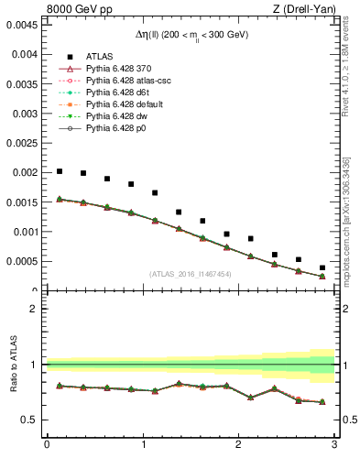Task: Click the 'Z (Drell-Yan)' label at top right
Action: pyautogui.click(x=303, y=10)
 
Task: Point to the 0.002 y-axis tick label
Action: pyautogui.click(x=25, y=172)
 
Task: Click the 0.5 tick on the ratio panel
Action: pyautogui.click(x=30, y=420)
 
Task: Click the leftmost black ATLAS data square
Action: pyautogui.click(x=60, y=171)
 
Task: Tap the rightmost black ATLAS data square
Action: pyautogui.click(x=322, y=267)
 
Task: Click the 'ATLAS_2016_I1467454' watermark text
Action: pyautogui.click(x=191, y=274)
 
